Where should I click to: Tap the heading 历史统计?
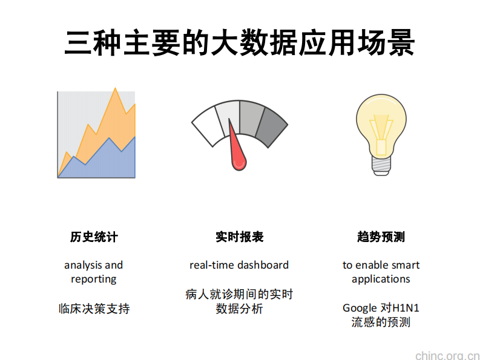(x=94, y=237)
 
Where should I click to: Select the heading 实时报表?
(x=239, y=237)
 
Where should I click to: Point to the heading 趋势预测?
(x=381, y=237)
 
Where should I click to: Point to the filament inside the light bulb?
(x=381, y=133)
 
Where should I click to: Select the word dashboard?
(x=263, y=265)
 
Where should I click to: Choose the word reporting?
(x=94, y=279)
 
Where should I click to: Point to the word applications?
(x=381, y=279)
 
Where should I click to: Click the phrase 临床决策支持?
(x=94, y=309)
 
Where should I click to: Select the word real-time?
(x=211, y=265)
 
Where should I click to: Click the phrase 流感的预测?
(x=381, y=322)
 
